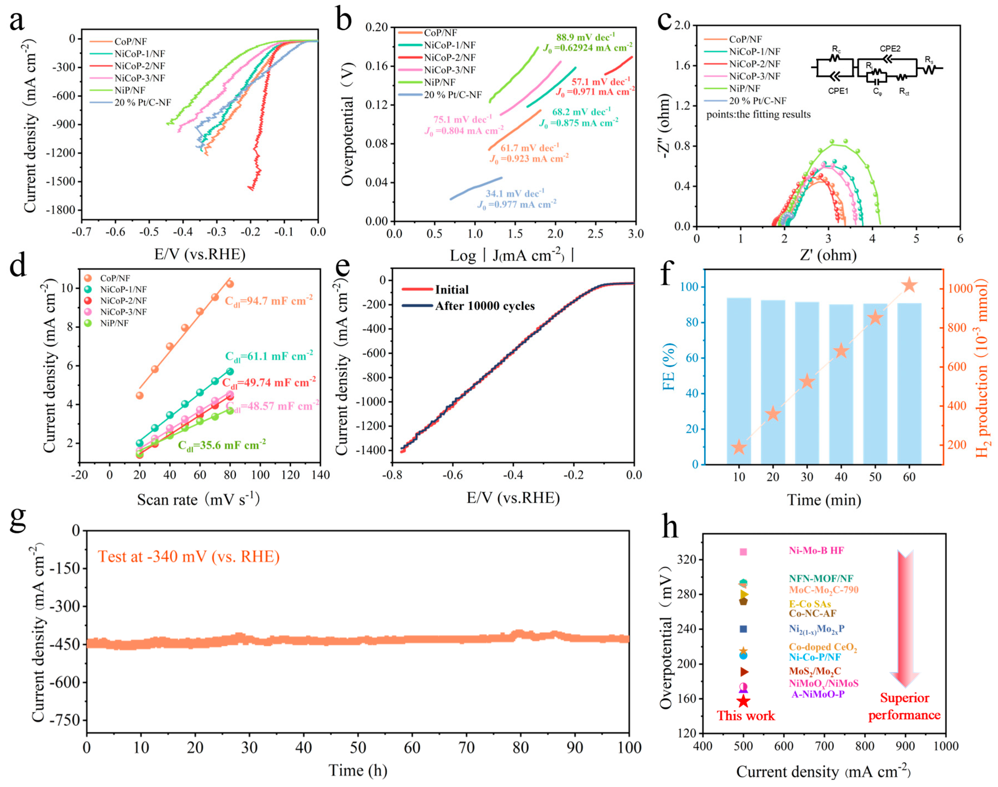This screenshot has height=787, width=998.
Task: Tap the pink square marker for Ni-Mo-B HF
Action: pyautogui.click(x=743, y=552)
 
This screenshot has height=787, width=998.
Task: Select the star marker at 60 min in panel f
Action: pyautogui.click(x=909, y=286)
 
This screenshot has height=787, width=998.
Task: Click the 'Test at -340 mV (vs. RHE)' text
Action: pyautogui.click(x=189, y=557)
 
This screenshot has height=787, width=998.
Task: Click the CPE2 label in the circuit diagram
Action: pyautogui.click(x=890, y=48)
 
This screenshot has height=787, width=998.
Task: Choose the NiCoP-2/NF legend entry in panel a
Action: pyautogui.click(x=139, y=66)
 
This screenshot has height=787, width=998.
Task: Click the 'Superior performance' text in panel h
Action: pyautogui.click(x=904, y=706)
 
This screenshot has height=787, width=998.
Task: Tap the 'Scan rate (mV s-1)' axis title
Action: pyautogui.click(x=198, y=500)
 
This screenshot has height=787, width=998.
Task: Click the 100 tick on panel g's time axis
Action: pyautogui.click(x=629, y=747)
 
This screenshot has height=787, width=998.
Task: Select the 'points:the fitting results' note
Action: pyautogui.click(x=758, y=115)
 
